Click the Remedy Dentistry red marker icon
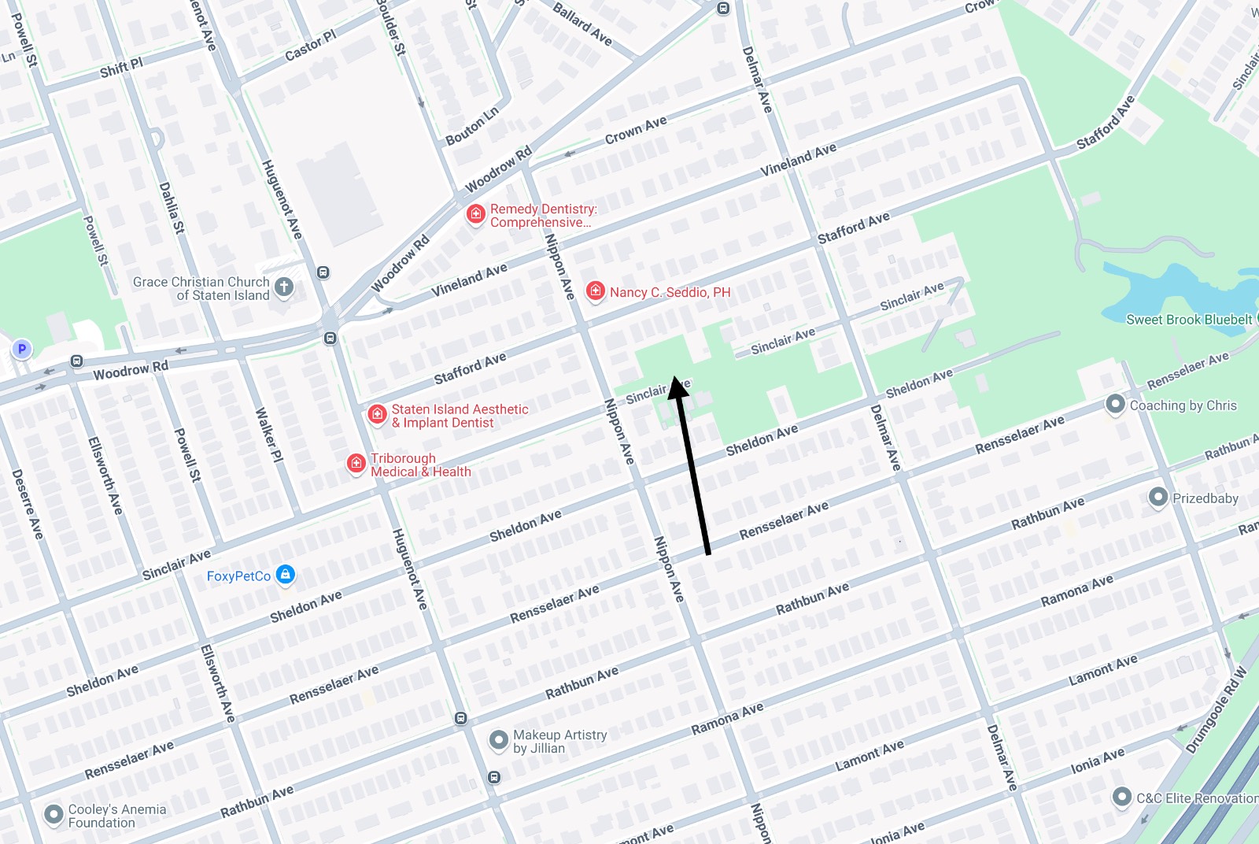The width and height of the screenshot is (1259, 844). click(475, 214)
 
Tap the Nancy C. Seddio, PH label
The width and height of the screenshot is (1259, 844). click(670, 292)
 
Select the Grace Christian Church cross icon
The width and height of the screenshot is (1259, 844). click(285, 287)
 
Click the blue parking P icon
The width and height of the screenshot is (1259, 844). click(22, 349)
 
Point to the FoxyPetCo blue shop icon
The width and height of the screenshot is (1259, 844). click(286, 576)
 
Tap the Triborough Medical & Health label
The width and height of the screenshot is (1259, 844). click(420, 465)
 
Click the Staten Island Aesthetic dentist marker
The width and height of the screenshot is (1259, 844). click(377, 414)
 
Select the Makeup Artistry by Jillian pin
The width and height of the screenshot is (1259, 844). click(498, 740)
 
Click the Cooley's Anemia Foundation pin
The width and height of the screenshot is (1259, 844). click(54, 814)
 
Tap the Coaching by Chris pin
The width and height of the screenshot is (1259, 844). click(1115, 405)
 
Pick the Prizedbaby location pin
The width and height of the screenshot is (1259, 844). click(1157, 497)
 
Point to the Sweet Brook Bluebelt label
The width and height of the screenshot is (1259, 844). click(1188, 319)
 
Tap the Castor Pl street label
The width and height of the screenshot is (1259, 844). click(310, 46)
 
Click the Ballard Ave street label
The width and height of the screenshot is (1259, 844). click(582, 24)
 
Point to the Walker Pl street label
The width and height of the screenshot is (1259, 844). click(268, 435)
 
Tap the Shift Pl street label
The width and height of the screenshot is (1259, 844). click(121, 68)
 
